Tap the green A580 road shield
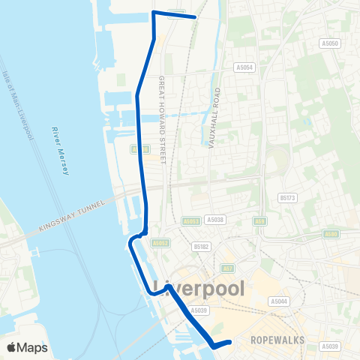pyautogui.click(x=331, y=234)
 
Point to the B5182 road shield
pyautogui.click(x=200, y=245)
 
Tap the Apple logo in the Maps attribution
pyautogui.click(x=11, y=347)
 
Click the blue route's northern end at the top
pyautogui.click(x=195, y=16)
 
